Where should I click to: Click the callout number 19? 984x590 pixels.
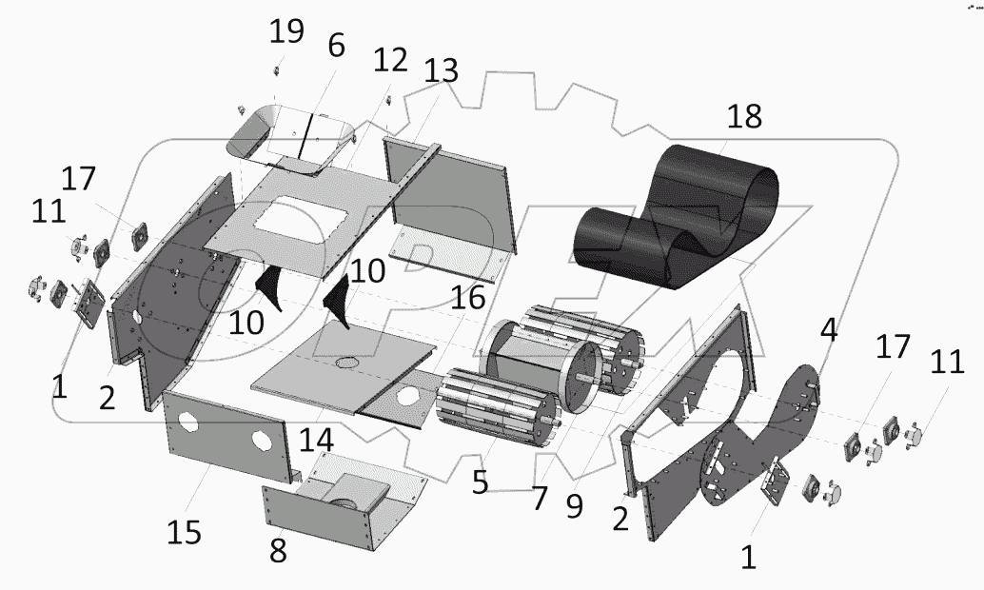(286, 31)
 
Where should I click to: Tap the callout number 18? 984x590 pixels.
(744, 117)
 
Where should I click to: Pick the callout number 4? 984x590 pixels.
(829, 332)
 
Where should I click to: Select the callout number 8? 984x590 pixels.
(278, 549)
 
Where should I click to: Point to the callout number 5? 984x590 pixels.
(479, 482)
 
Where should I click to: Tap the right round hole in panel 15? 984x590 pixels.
(261, 441)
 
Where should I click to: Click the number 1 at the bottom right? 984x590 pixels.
(748, 556)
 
